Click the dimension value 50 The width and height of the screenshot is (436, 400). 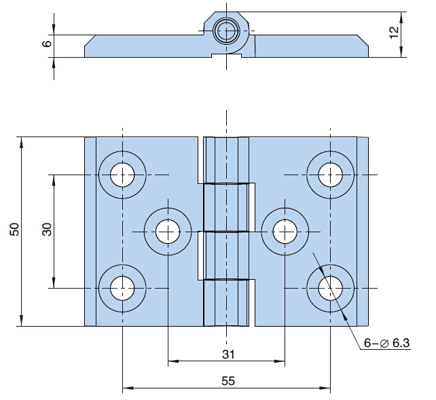14,230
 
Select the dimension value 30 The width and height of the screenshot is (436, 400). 47,230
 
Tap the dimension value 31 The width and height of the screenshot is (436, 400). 228,354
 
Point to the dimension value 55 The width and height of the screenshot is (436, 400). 228,381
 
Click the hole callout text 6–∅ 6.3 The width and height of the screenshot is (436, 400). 386,344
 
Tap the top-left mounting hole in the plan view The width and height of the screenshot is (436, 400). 122,175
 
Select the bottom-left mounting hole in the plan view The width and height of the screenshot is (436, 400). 122,288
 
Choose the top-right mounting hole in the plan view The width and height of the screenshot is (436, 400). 331,175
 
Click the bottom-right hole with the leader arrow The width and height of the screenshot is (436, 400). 331,288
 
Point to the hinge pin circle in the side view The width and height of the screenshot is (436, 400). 225,31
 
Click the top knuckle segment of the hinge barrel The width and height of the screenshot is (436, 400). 226,160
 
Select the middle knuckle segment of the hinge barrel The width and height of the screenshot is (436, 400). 226,207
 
